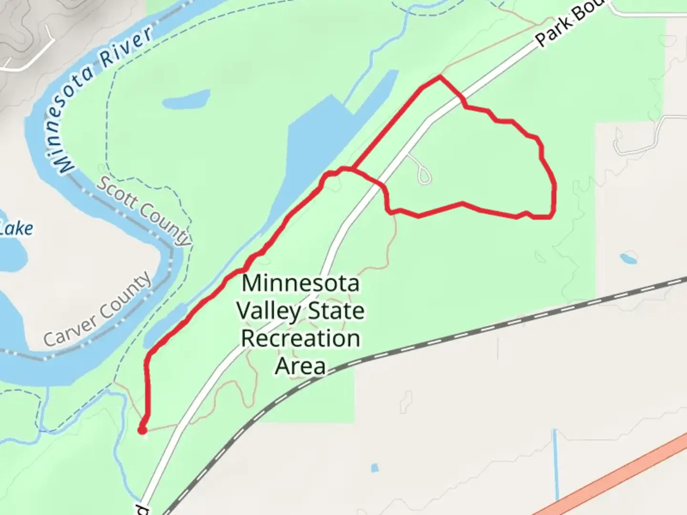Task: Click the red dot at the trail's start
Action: coord(142,431)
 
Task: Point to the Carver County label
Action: coord(98,310)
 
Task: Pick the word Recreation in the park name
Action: coord(301,339)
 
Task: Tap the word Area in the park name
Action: coord(301,366)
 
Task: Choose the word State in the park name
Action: coord(336,311)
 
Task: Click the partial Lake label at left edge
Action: coord(17,228)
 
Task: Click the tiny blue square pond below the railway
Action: coord(375,468)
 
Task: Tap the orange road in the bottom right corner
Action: coord(620,477)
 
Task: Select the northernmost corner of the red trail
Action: coord(439,76)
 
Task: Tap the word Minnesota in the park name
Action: coord(301,283)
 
